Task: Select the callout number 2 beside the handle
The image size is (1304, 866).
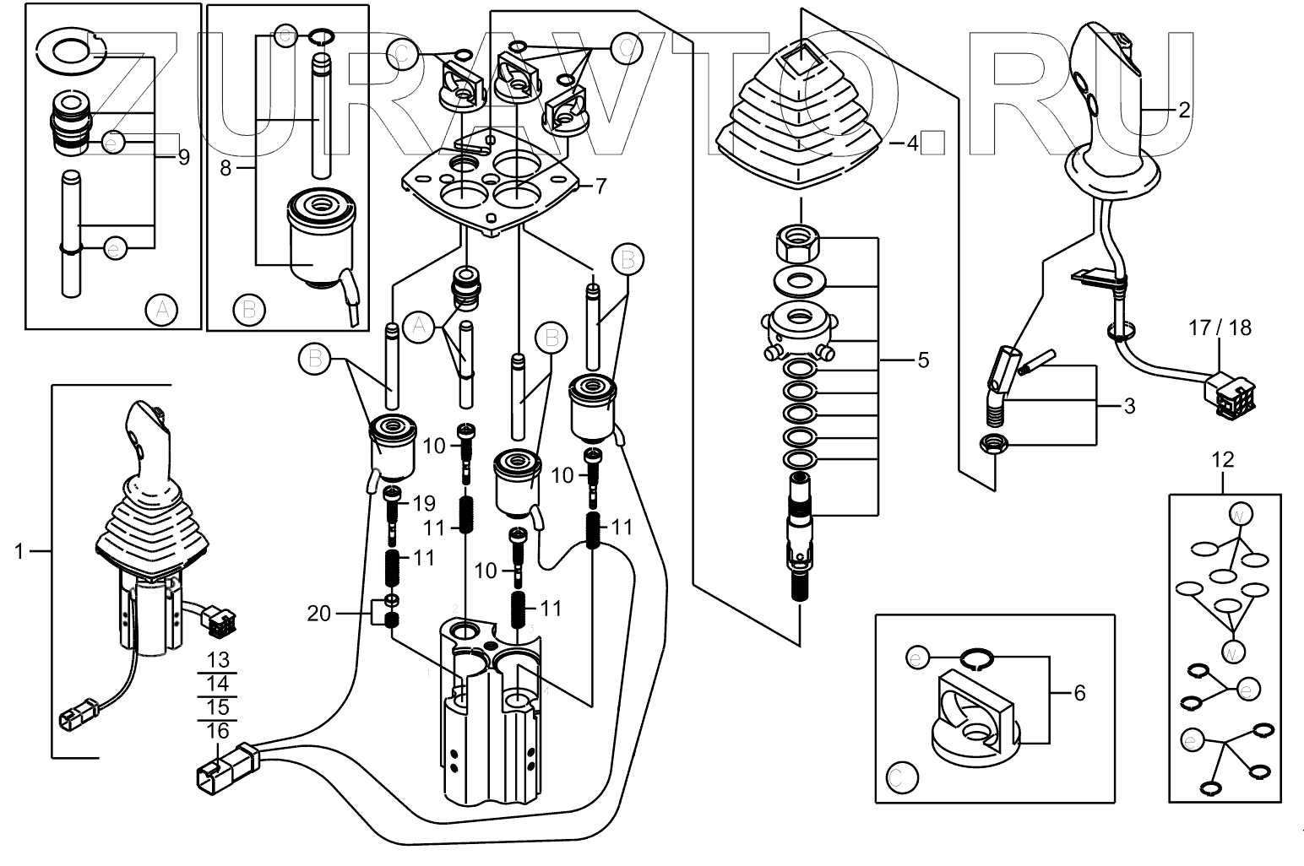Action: click(1183, 110)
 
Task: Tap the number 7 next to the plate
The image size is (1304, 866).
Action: click(600, 187)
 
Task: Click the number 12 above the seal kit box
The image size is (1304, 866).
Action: click(1222, 460)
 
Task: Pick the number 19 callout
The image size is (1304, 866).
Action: click(423, 504)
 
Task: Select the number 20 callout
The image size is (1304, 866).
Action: click(318, 614)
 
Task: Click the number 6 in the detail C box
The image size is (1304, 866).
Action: click(1079, 693)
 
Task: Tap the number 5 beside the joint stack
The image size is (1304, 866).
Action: click(923, 360)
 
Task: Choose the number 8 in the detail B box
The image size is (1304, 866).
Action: click(225, 168)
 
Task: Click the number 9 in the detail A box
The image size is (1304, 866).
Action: click(183, 156)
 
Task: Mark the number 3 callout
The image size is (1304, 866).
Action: click(1129, 406)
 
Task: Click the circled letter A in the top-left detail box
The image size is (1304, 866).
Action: click(160, 311)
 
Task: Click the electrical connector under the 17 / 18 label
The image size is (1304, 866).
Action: click(1230, 393)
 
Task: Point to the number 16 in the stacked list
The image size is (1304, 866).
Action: click(217, 731)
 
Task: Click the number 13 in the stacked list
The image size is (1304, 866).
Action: click(217, 660)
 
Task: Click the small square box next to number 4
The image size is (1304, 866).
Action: click(932, 143)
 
